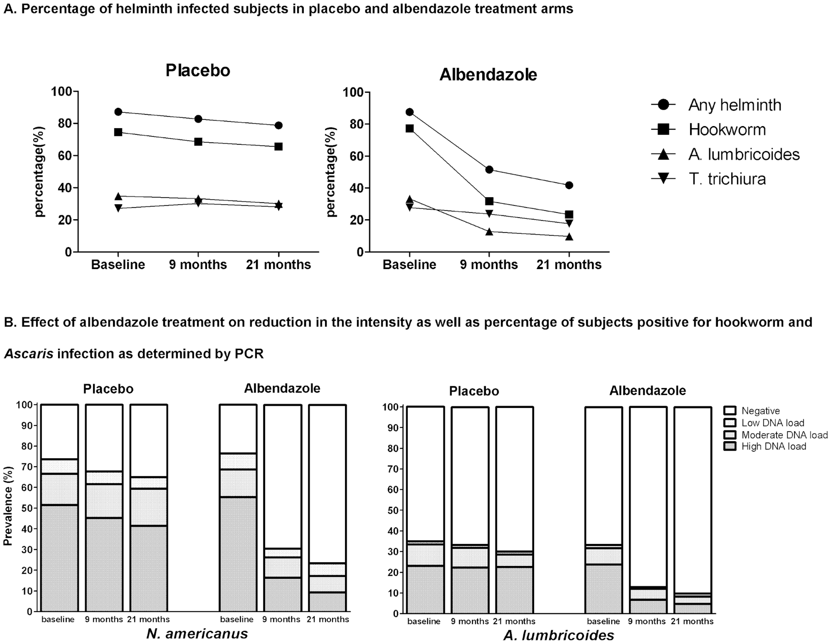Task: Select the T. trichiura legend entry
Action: (x=727, y=179)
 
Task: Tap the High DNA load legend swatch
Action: (x=730, y=446)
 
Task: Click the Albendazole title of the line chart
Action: (x=488, y=75)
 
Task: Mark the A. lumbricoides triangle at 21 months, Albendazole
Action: (x=569, y=237)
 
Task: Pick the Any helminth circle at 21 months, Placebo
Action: (x=279, y=125)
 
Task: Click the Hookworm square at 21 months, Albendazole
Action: (x=569, y=214)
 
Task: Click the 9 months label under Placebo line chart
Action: (x=198, y=264)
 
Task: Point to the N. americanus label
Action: (x=197, y=633)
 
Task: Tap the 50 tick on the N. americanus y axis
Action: (x=27, y=508)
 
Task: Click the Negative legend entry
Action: (x=760, y=411)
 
